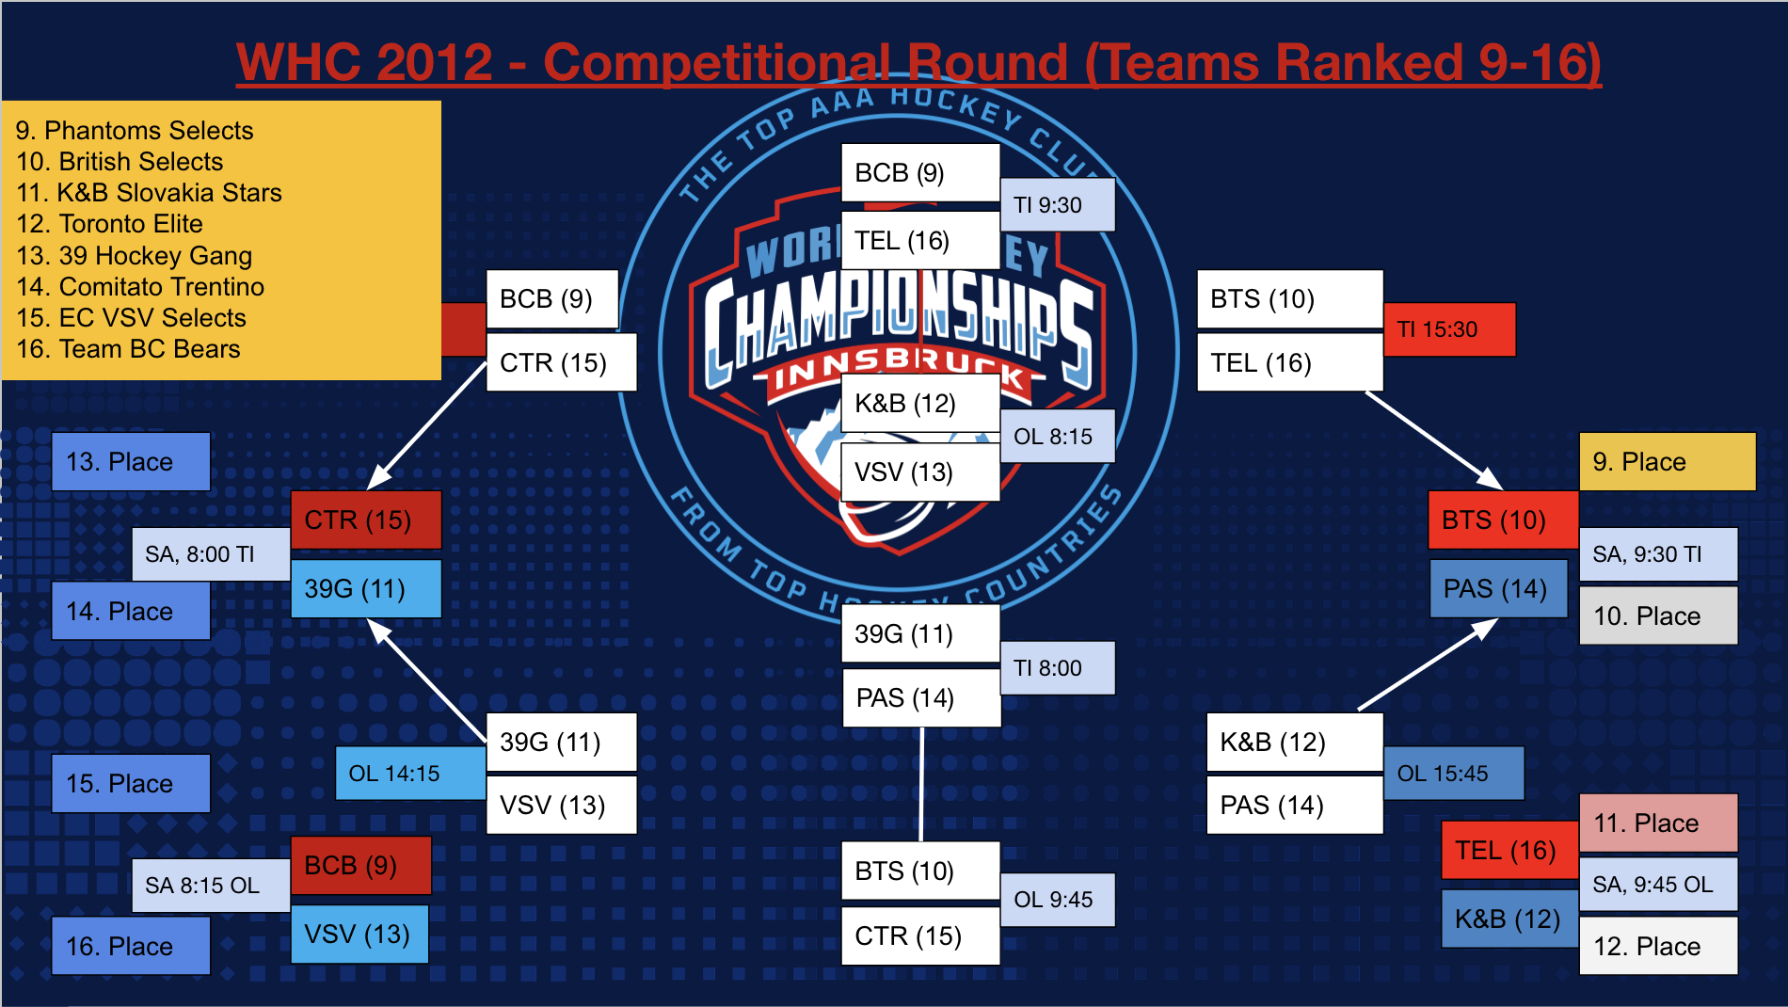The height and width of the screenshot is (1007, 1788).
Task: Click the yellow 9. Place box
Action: [x=1667, y=461]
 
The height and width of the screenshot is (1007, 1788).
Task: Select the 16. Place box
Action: [x=130, y=946]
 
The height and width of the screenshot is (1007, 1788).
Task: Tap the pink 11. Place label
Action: [x=1657, y=823]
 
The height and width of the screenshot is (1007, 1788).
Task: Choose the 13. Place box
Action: [x=130, y=461]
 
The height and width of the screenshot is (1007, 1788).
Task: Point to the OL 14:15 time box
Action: [x=409, y=774]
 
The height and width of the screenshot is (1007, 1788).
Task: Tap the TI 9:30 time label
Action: [x=1056, y=205]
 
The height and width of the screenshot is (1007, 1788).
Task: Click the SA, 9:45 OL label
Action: [x=1657, y=885]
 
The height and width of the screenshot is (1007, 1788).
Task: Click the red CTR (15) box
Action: [x=365, y=519]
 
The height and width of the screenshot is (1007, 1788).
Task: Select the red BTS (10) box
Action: [x=1502, y=519]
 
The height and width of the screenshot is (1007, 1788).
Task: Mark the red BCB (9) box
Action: [x=360, y=865]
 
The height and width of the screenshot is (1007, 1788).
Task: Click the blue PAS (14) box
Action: [x=1497, y=589]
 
